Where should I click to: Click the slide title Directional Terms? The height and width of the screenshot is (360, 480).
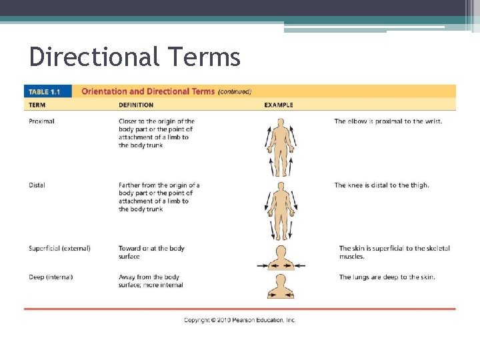click(135, 57)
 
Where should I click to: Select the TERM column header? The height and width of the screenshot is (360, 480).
click(38, 105)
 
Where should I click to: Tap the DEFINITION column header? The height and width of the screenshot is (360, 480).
click(136, 105)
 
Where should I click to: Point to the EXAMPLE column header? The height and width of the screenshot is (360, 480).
click(278, 105)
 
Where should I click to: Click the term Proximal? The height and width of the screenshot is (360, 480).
click(41, 121)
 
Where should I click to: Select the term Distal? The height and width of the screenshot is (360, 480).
click(37, 185)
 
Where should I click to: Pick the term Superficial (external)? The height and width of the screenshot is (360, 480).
click(59, 248)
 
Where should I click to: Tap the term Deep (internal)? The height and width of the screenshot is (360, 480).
click(51, 277)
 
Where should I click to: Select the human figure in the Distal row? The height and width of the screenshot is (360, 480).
click(281, 210)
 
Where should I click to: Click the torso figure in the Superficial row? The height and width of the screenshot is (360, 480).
click(281, 257)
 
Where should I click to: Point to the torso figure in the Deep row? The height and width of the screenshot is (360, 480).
click(281, 286)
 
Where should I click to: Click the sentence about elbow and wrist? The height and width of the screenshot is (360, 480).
click(387, 121)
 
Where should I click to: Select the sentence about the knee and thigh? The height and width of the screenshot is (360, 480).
click(381, 185)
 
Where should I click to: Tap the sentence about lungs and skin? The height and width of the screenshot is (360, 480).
click(387, 277)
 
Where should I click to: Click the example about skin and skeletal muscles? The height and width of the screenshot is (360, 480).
click(394, 252)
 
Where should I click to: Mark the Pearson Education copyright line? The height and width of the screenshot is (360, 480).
click(239, 320)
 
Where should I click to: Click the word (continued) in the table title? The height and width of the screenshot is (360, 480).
click(235, 92)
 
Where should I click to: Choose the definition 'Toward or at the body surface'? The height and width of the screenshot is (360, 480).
click(151, 252)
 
